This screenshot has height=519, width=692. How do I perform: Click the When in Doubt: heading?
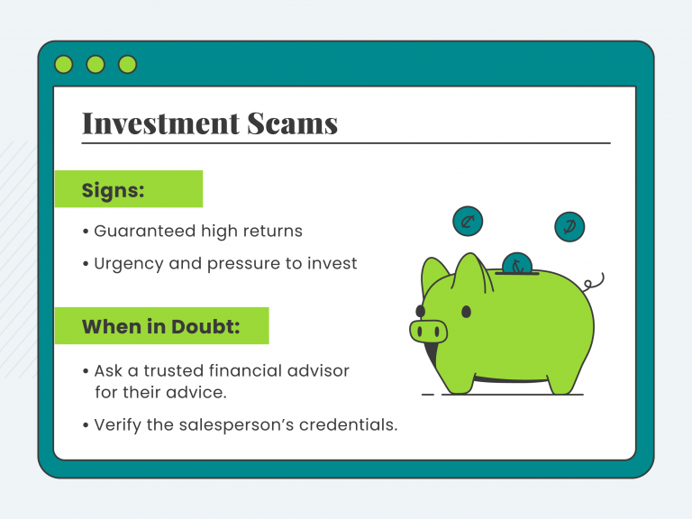[161, 326]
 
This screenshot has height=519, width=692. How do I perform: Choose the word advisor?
[316, 370]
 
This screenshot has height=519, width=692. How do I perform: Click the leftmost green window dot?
[64, 64]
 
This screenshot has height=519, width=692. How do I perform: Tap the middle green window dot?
[96, 64]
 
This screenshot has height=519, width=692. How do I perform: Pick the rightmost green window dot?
[127, 64]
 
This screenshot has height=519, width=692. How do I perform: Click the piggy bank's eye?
[466, 312]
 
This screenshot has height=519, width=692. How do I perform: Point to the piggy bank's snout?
[429, 331]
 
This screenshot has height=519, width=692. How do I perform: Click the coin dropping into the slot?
[516, 263]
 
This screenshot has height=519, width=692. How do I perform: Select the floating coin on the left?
[468, 221]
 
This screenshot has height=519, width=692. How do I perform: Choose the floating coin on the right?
[569, 226]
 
